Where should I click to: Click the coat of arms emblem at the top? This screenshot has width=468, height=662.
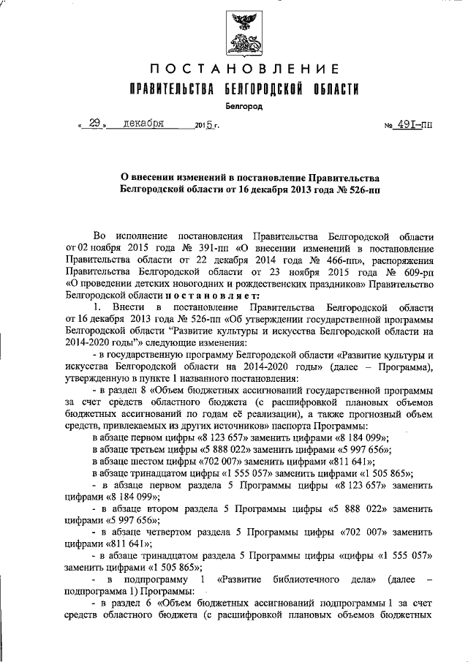(244, 34)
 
